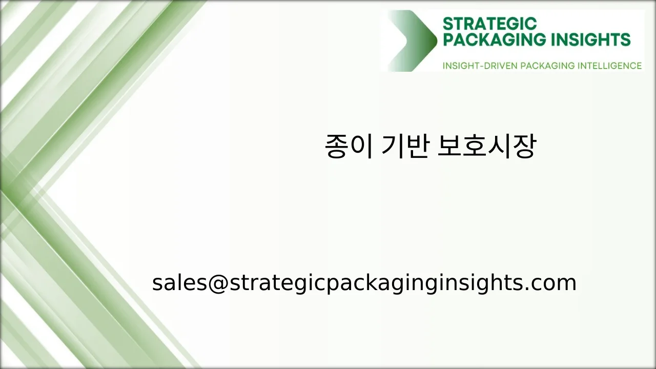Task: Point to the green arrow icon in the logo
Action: tap(413, 41)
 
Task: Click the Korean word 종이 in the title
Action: tap(349, 147)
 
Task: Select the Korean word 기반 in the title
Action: tap(405, 147)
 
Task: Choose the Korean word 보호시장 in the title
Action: tap(486, 147)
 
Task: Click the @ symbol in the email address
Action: tap(217, 283)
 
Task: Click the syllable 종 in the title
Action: tap(336, 147)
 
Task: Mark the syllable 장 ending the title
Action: tap(524, 147)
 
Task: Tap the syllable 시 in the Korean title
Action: tap(499, 147)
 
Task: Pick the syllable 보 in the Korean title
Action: tap(449, 147)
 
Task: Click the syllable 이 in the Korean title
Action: tap(362, 147)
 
